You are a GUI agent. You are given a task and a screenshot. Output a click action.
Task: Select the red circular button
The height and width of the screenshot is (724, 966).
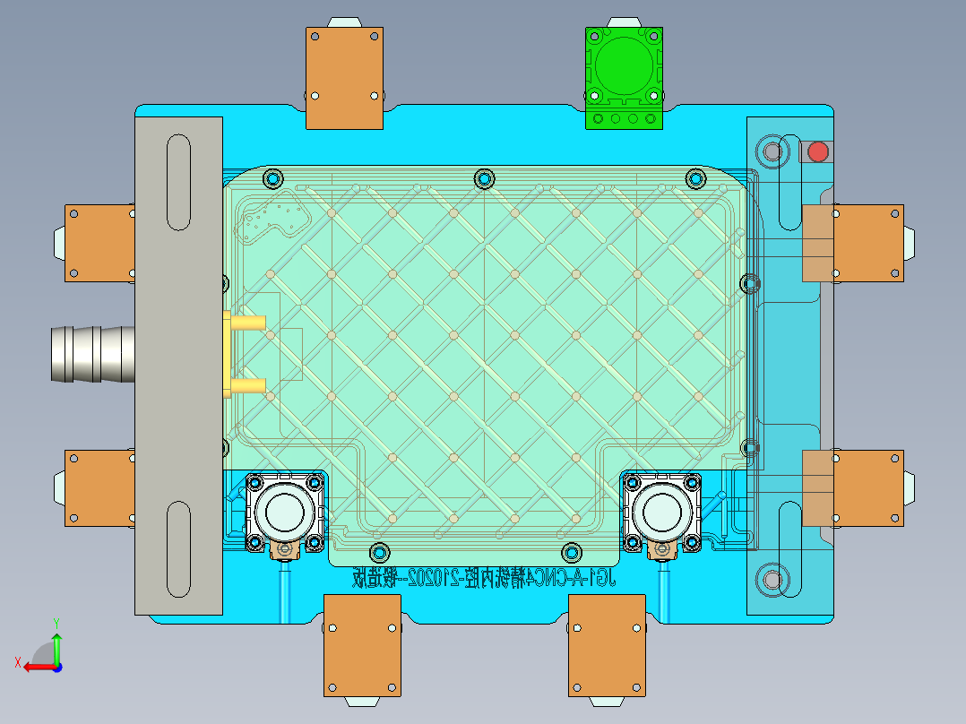click(817, 151)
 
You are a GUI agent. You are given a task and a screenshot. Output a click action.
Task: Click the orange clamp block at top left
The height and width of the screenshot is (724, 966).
click(345, 78)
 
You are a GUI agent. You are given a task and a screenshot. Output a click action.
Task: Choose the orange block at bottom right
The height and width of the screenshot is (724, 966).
click(607, 644)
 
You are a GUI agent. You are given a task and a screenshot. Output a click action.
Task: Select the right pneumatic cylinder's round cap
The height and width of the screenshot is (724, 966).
click(663, 511)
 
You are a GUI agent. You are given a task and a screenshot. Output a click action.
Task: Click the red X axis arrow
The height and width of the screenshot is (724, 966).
click(36, 666)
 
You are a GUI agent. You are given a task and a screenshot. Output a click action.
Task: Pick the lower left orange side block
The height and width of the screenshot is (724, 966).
click(99, 487)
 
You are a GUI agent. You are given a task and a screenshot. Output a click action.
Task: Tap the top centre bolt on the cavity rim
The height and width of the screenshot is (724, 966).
click(484, 178)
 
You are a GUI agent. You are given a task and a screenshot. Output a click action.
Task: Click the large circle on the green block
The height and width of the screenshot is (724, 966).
click(624, 64)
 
